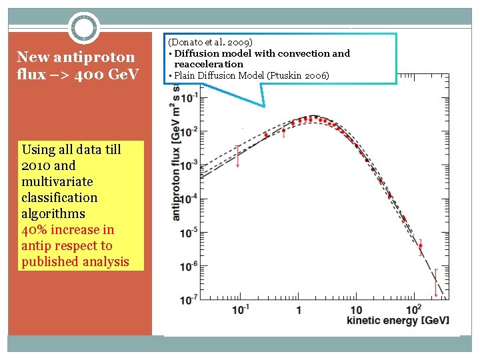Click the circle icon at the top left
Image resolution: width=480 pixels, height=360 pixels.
(x=85, y=28)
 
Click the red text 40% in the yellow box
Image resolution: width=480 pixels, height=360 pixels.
(x=35, y=229)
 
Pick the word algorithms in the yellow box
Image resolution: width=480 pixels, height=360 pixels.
(x=53, y=213)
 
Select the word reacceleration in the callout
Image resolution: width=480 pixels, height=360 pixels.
(x=209, y=64)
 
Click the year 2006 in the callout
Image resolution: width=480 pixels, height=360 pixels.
(x=316, y=75)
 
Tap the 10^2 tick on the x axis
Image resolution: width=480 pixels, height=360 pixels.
(x=414, y=309)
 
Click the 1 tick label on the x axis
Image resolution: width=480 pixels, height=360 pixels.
(x=299, y=310)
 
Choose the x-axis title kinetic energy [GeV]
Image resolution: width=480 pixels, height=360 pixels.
(x=398, y=321)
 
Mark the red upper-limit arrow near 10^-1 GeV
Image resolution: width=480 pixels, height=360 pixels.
(x=238, y=156)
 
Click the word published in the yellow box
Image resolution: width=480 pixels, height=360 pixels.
(x=47, y=261)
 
